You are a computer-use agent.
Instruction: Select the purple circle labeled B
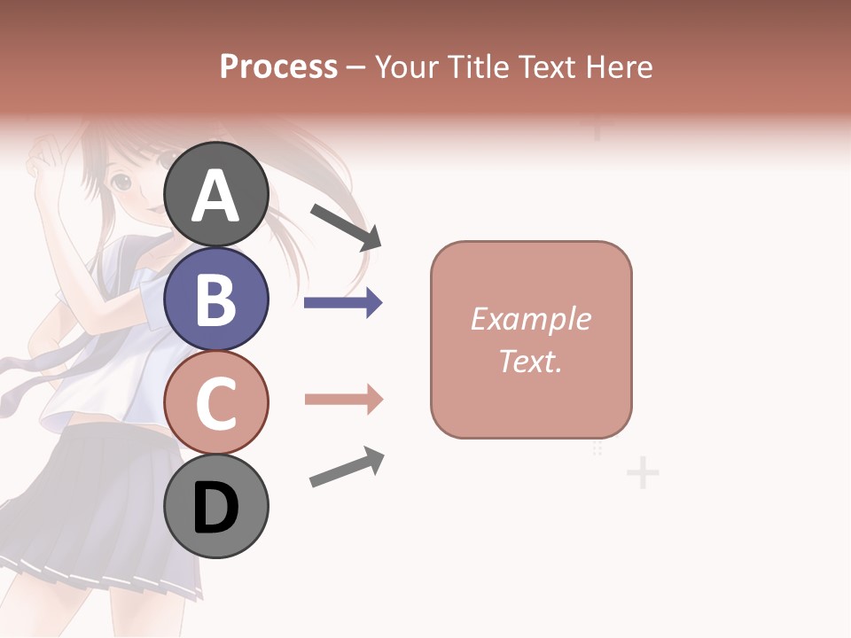click(216, 299)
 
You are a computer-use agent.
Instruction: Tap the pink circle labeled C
click(216, 403)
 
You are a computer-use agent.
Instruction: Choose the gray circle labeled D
click(216, 507)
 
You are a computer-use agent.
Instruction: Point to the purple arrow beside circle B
click(343, 303)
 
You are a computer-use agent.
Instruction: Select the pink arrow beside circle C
click(343, 400)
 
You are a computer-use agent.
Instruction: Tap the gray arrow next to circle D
click(347, 467)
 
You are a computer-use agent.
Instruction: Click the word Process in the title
click(278, 67)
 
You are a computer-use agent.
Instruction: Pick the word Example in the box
click(530, 319)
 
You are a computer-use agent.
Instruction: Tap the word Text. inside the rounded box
click(530, 361)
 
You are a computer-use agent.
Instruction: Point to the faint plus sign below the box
click(643, 473)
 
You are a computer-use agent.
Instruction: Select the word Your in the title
click(407, 67)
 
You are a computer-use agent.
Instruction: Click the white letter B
click(216, 300)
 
